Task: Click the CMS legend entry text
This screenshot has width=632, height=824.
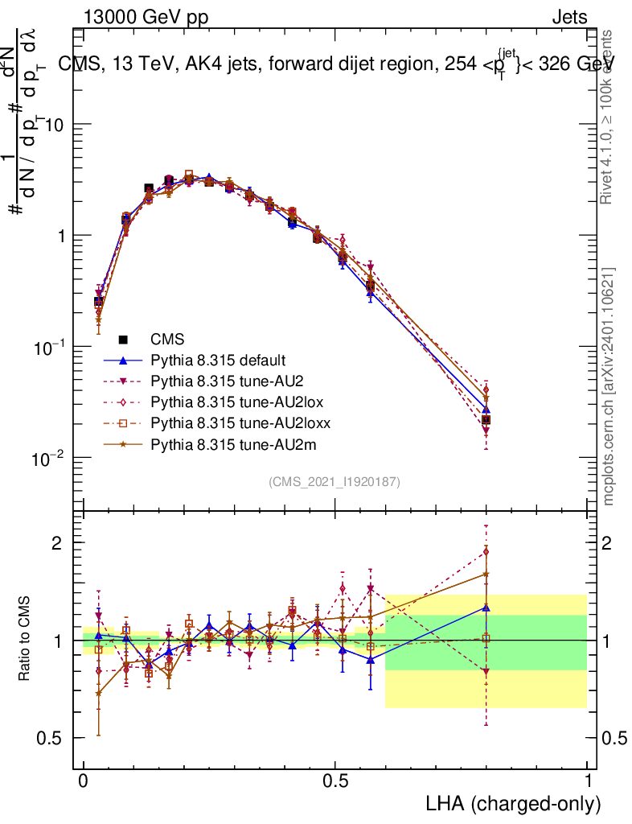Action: tap(167, 340)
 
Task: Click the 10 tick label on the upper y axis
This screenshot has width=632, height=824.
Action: tap(52, 126)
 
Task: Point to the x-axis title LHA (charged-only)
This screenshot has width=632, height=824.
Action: tap(514, 804)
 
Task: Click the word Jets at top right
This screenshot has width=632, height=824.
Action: tap(568, 18)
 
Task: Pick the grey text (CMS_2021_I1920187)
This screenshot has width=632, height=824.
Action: tap(334, 482)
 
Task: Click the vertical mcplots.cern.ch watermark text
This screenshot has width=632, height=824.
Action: tap(609, 386)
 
